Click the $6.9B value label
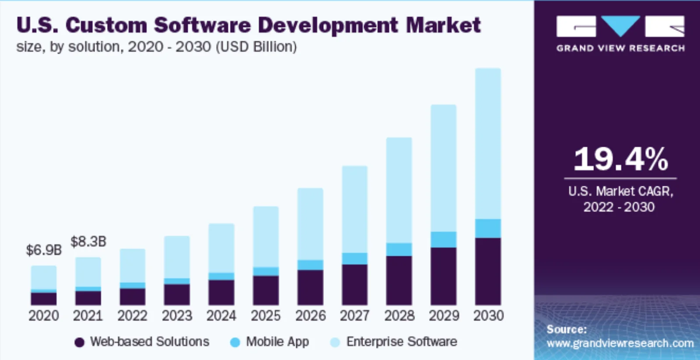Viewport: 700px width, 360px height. pyautogui.click(x=44, y=250)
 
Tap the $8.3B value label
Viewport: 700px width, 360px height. pyautogui.click(x=88, y=241)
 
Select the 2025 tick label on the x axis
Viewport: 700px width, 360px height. pyautogui.click(x=266, y=315)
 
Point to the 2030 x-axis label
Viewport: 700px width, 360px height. pyautogui.click(x=488, y=315)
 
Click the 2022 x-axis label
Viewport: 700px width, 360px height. pyautogui.click(x=132, y=315)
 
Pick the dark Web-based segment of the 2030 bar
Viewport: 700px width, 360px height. pyautogui.click(x=488, y=271)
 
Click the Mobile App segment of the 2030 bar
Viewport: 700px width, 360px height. pyautogui.click(x=488, y=228)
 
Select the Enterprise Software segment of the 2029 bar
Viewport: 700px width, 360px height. pyautogui.click(x=443, y=168)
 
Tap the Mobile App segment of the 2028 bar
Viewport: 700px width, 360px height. pyautogui.click(x=399, y=249)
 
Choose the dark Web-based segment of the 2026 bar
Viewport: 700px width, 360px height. pyautogui.click(x=310, y=287)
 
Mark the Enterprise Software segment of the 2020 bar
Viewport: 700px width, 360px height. pyautogui.click(x=44, y=277)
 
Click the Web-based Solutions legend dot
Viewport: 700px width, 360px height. pyautogui.click(x=79, y=342)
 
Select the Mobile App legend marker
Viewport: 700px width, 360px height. pyautogui.click(x=235, y=342)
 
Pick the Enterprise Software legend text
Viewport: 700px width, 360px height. pyautogui.click(x=402, y=342)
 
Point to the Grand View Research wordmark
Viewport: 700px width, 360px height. pyautogui.click(x=620, y=48)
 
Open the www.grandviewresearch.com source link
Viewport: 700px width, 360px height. pyautogui.click(x=620, y=343)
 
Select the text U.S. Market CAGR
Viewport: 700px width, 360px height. pyautogui.click(x=620, y=191)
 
